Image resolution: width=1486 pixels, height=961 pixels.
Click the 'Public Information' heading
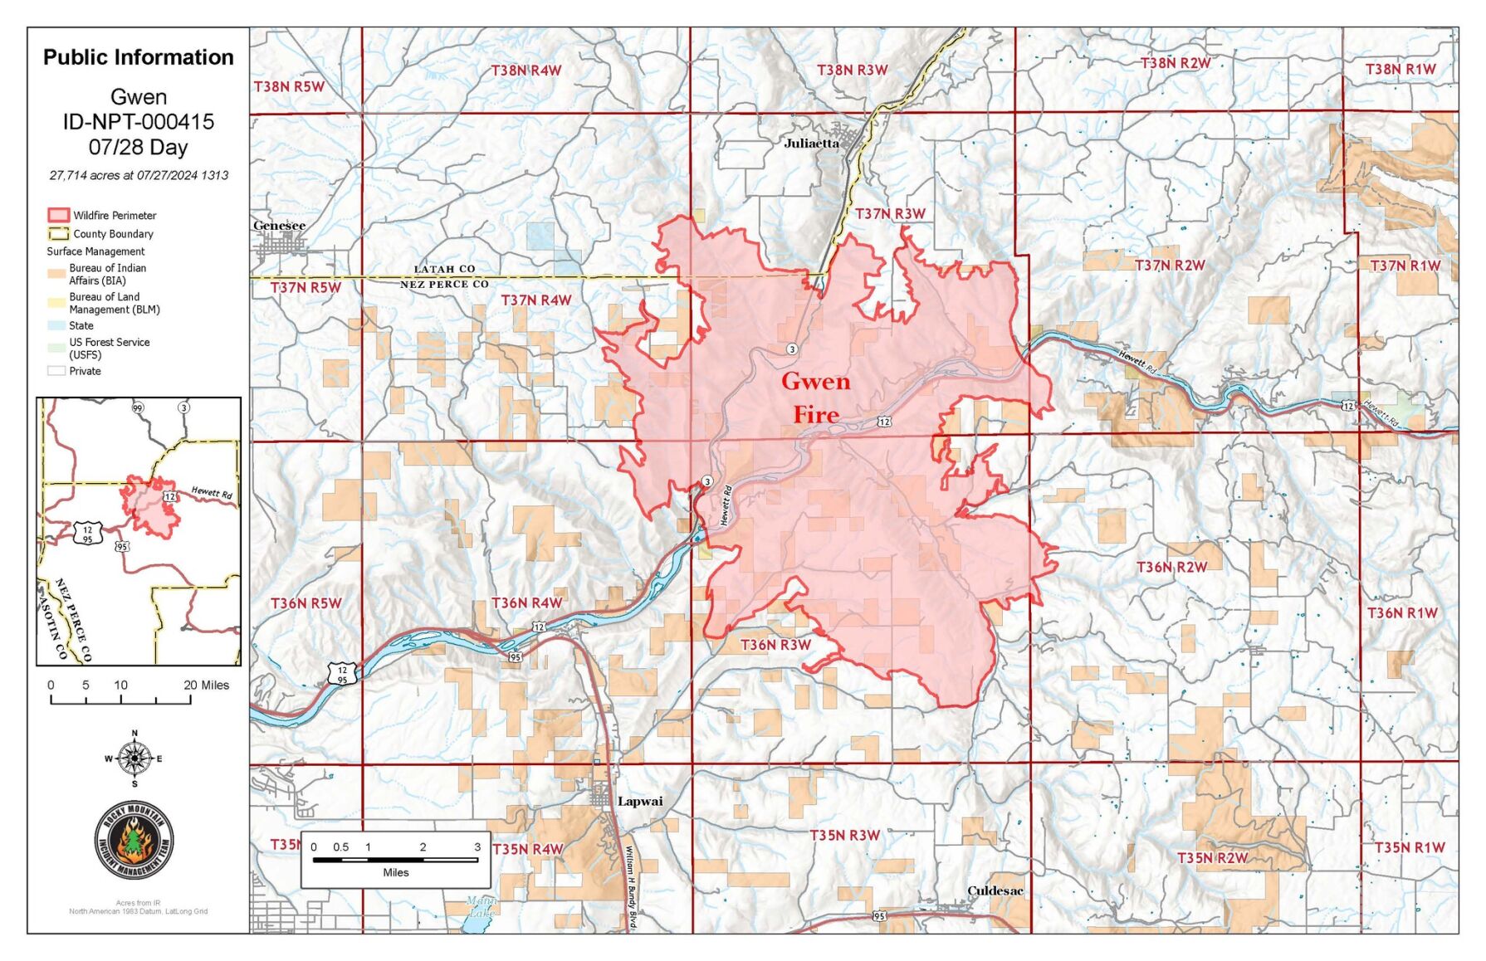[138, 57]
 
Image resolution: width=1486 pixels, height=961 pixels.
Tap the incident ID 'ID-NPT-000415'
[138, 122]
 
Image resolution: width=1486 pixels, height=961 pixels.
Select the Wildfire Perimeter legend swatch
[58, 216]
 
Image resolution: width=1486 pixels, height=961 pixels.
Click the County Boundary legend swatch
[58, 234]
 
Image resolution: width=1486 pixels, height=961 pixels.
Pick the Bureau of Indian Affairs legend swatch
[56, 274]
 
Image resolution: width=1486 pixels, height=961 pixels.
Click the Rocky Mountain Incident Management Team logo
[134, 841]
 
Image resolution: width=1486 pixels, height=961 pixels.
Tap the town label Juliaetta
[811, 144]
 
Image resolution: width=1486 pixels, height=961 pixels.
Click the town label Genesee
[279, 226]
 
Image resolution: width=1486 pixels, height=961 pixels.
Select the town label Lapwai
[640, 802]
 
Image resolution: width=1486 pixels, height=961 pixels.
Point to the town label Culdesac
[995, 890]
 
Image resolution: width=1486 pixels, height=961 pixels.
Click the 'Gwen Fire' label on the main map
[815, 398]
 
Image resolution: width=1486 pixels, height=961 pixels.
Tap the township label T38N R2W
[1175, 63]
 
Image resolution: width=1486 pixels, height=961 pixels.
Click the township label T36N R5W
[306, 603]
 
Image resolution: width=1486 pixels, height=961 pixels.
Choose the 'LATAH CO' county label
[444, 269]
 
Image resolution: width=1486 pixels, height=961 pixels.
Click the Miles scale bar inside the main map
[395, 860]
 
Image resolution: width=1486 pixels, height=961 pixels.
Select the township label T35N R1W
[1409, 847]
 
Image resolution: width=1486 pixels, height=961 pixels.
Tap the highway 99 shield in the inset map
[138, 407]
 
